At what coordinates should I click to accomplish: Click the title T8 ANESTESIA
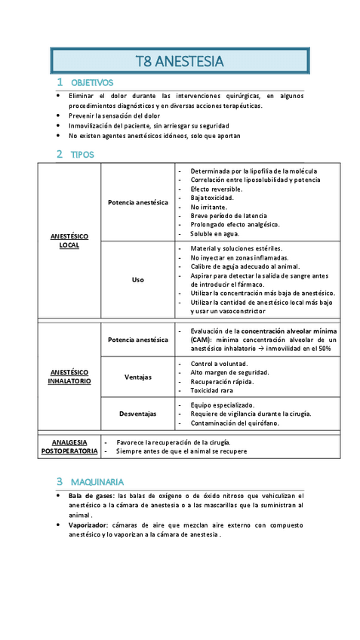click(180, 61)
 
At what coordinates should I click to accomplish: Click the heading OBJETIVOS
click(91, 82)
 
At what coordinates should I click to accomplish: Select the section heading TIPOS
click(82, 155)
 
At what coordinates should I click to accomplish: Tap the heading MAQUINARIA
click(97, 482)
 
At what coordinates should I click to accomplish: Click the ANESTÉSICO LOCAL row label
click(69, 241)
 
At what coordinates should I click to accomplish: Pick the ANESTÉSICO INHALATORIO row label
click(70, 377)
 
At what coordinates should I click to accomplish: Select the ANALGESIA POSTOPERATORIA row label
click(69, 446)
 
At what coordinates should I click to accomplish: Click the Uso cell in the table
click(137, 279)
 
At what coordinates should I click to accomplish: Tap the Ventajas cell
click(137, 377)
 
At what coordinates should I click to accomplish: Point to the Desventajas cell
click(137, 414)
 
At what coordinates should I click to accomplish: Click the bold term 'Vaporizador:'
click(88, 525)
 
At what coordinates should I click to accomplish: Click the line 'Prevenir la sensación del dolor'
click(114, 116)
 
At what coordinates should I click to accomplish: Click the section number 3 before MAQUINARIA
click(59, 482)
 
